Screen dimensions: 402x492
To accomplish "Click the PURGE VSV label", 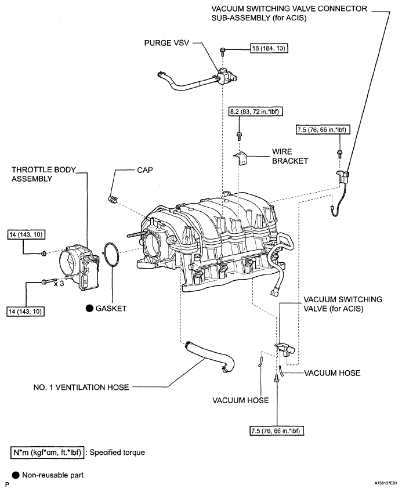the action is [166, 43].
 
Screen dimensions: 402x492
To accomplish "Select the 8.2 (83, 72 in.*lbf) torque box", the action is [254, 111].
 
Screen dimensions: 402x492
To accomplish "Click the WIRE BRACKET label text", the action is [290, 156].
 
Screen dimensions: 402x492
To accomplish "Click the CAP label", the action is [145, 170].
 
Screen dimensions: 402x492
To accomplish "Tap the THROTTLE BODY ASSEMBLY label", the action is [44, 174].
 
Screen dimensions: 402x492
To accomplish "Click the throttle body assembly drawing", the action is [79, 267].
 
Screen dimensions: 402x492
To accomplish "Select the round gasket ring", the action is [111, 255].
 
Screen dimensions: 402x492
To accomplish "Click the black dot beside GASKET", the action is [90, 308].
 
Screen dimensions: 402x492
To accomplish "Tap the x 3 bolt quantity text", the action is [59, 283].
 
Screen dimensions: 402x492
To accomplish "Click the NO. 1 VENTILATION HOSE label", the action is [81, 387].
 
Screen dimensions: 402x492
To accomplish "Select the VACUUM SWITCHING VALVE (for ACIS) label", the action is [343, 304].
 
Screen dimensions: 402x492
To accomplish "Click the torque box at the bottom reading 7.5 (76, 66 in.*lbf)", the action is [277, 431].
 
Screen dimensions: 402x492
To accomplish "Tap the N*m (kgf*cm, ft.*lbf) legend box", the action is [48, 453].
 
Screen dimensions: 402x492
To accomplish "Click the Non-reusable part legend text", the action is [53, 475].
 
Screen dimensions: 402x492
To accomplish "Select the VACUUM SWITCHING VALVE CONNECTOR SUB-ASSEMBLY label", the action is [289, 13].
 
